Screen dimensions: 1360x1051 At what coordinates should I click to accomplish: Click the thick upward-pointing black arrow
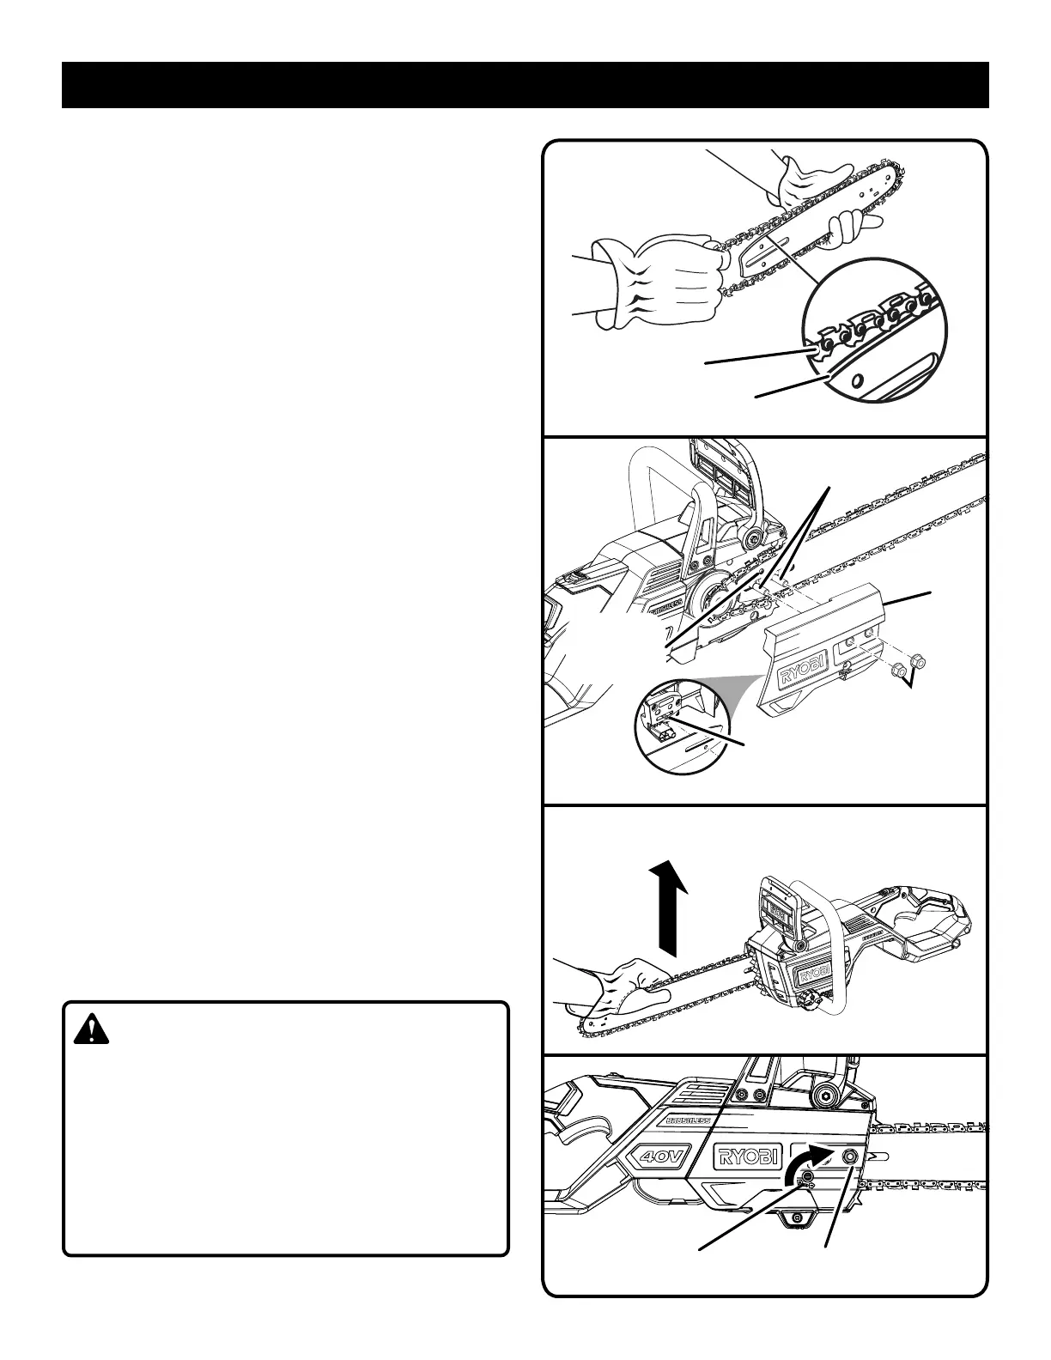tap(669, 911)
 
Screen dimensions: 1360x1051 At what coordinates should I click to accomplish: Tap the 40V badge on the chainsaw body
tap(662, 1157)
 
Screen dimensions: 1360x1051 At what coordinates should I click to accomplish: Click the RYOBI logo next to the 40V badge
tap(745, 1157)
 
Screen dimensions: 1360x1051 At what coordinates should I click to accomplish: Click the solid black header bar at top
tap(525, 85)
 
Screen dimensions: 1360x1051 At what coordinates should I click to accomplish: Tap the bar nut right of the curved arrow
tap(850, 1157)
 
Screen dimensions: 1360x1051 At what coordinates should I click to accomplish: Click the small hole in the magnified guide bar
tap(855, 380)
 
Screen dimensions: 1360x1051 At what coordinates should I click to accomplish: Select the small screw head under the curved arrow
tap(807, 1184)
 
